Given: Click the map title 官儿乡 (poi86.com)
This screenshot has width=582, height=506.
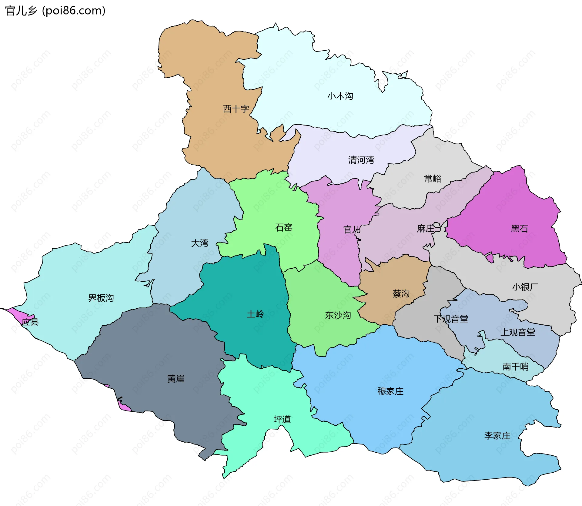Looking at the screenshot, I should [55, 11].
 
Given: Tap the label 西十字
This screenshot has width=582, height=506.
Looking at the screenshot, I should [236, 109].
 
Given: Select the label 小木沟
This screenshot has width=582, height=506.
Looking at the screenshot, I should [340, 96].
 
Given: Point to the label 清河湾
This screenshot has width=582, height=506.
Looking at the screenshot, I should [361, 160].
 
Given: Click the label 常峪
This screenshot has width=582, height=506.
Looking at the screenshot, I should [432, 179].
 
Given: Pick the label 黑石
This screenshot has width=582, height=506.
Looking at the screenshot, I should [519, 229].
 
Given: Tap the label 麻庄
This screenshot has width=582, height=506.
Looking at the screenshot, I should [426, 229].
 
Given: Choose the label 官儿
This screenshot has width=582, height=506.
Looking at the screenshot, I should [352, 230].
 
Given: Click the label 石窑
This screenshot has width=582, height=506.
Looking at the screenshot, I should [284, 227].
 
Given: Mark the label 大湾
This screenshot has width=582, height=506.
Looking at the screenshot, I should [199, 243].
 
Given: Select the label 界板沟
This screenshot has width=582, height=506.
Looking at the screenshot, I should [101, 298].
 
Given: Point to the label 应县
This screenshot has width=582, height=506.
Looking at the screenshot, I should [30, 322].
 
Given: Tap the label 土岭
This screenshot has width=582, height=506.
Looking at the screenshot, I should [255, 314].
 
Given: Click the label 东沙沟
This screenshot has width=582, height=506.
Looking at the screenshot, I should [338, 315].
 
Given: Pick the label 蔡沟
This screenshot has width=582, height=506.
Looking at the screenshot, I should [401, 293].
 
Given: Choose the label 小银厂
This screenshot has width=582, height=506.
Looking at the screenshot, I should [525, 287].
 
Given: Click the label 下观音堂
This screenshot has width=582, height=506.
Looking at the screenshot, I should [451, 319].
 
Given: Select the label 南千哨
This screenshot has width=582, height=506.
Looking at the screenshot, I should [515, 367].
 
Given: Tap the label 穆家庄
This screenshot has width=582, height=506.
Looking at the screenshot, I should [390, 391].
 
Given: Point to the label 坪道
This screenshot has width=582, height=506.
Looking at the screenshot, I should [282, 419].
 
